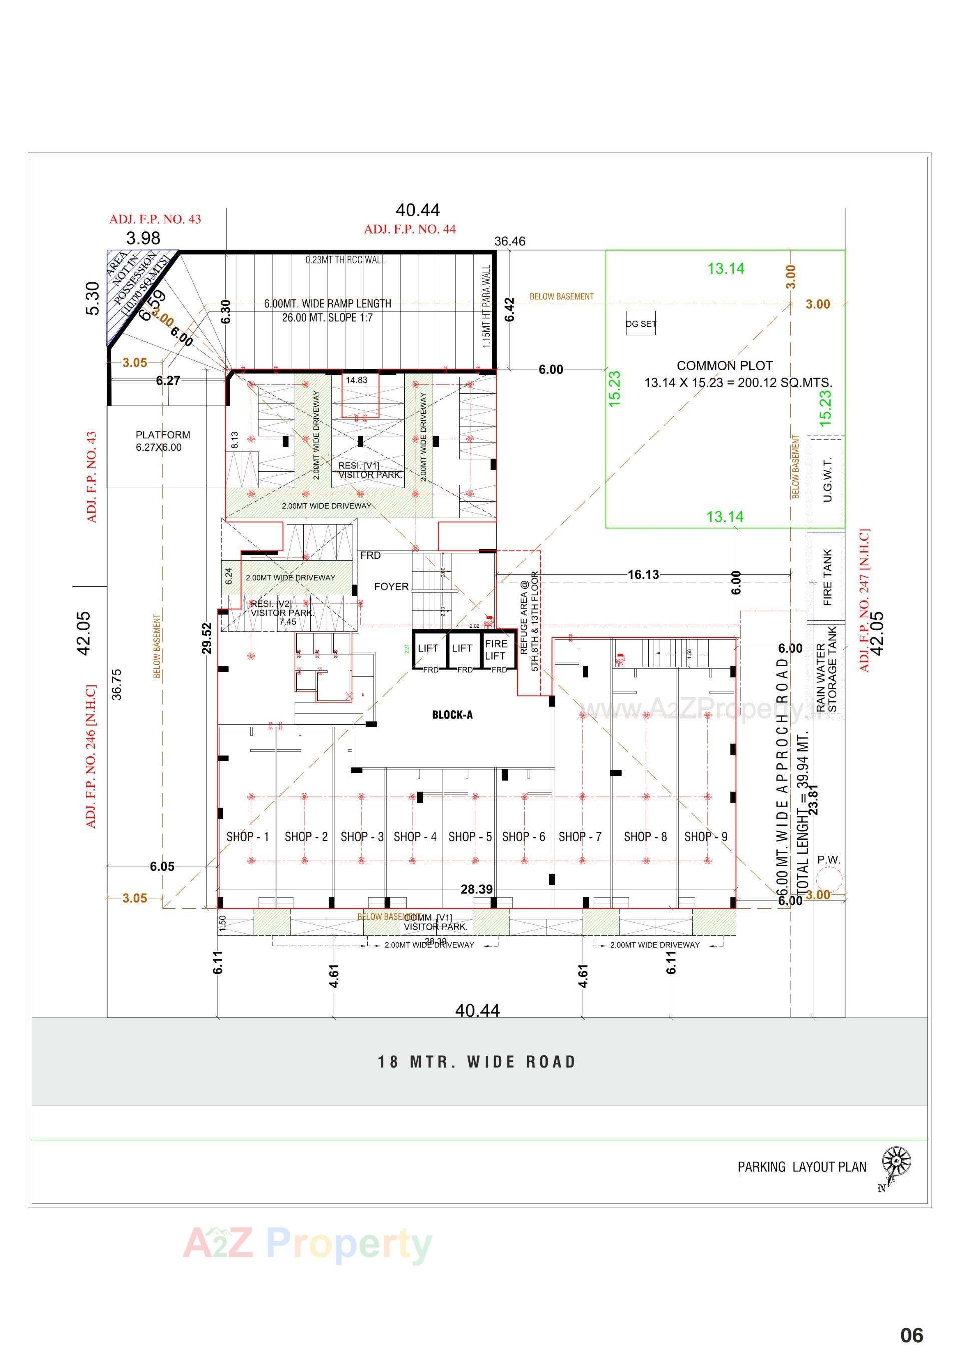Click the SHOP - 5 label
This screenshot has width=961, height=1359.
click(469, 836)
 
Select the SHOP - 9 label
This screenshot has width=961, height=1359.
click(705, 836)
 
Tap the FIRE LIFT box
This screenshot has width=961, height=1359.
click(495, 649)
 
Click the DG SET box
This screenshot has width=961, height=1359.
click(641, 324)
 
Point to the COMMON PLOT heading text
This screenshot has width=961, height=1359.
click(724, 366)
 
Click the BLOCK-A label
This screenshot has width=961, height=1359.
click(452, 715)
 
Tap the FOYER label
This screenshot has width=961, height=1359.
click(391, 586)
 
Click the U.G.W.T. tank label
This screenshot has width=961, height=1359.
click(828, 479)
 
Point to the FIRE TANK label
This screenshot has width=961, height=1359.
click(827, 577)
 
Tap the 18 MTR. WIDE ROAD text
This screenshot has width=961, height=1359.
click(477, 1062)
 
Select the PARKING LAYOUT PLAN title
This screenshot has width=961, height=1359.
click(802, 1167)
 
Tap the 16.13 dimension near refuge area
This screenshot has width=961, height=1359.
click(643, 575)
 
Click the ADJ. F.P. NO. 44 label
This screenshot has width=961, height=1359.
click(410, 229)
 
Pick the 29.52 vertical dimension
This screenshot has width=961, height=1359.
click(206, 638)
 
